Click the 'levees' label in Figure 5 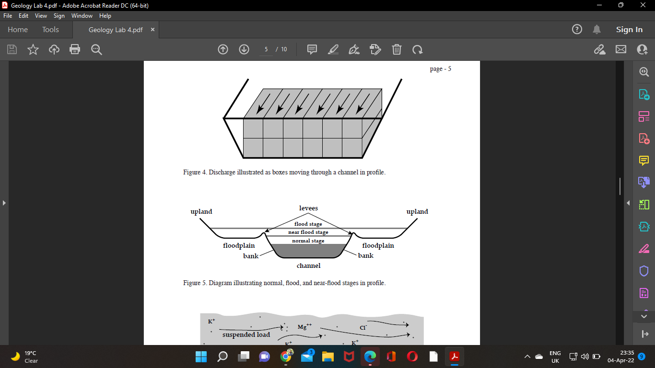click(x=308, y=208)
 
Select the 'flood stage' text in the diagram click(x=308, y=224)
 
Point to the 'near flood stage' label click(x=308, y=232)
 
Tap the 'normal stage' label click(x=308, y=241)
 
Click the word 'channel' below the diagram click(x=308, y=265)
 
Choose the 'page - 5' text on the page click(x=440, y=69)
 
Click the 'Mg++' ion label click(x=304, y=327)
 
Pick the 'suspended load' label click(x=246, y=335)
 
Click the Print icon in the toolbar click(x=75, y=49)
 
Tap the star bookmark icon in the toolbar click(x=33, y=49)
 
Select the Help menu click(x=105, y=16)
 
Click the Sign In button click(x=629, y=30)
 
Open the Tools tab click(x=50, y=30)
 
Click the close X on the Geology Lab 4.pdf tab click(x=153, y=30)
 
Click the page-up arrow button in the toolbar click(x=223, y=49)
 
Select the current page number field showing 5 click(x=266, y=49)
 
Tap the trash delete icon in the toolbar click(x=397, y=49)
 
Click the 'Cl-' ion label click(x=363, y=328)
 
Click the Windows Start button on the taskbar click(x=201, y=356)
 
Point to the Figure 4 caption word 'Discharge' click(x=222, y=172)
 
